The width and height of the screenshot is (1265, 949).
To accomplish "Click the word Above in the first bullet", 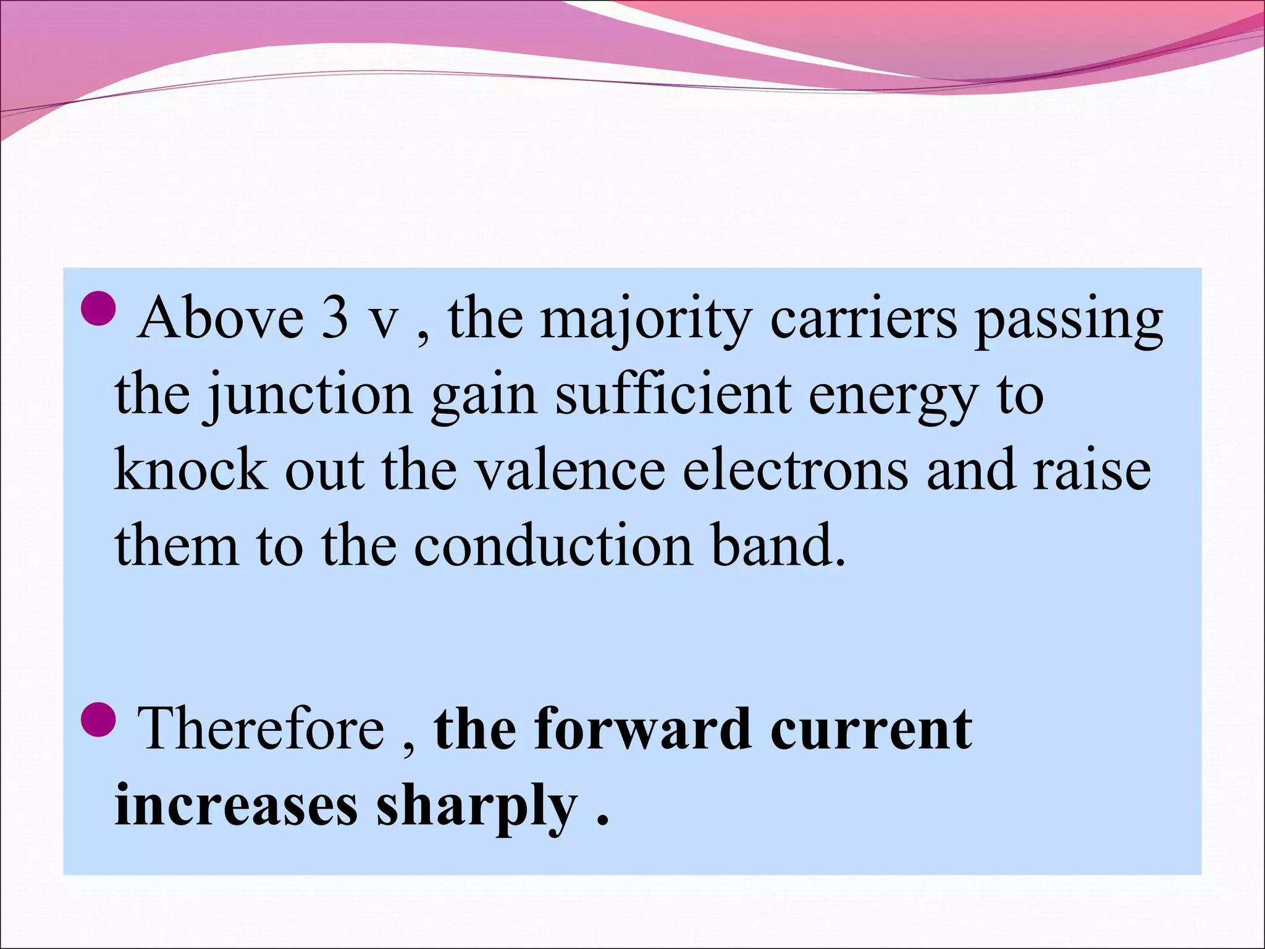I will pyautogui.click(x=220, y=318).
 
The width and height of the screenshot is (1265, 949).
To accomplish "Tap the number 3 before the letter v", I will pyautogui.click(x=334, y=318).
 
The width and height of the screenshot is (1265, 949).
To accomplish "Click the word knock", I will pyautogui.click(x=191, y=470).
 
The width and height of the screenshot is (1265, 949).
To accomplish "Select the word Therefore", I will pyautogui.click(x=262, y=728).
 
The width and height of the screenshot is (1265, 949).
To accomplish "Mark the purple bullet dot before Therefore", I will pyautogui.click(x=98, y=722).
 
